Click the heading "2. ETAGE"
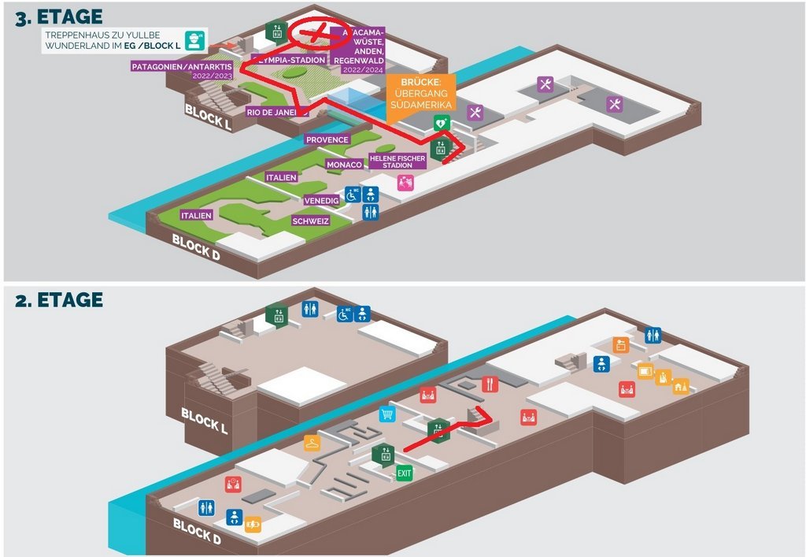tap(59, 300)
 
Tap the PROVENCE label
tap(327, 139)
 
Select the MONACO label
tap(344, 165)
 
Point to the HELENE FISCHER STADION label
tap(397, 162)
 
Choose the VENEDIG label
tap(321, 201)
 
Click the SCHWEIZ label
tap(310, 221)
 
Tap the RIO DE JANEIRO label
tap(275, 112)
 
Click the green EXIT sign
tap(404, 473)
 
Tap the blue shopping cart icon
tap(386, 414)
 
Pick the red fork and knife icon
tap(490, 384)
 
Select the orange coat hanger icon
tap(312, 443)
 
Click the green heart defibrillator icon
tap(442, 123)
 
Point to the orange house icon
tap(681, 386)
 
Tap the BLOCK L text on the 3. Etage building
tap(208, 116)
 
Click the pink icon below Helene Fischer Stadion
tap(405, 182)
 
